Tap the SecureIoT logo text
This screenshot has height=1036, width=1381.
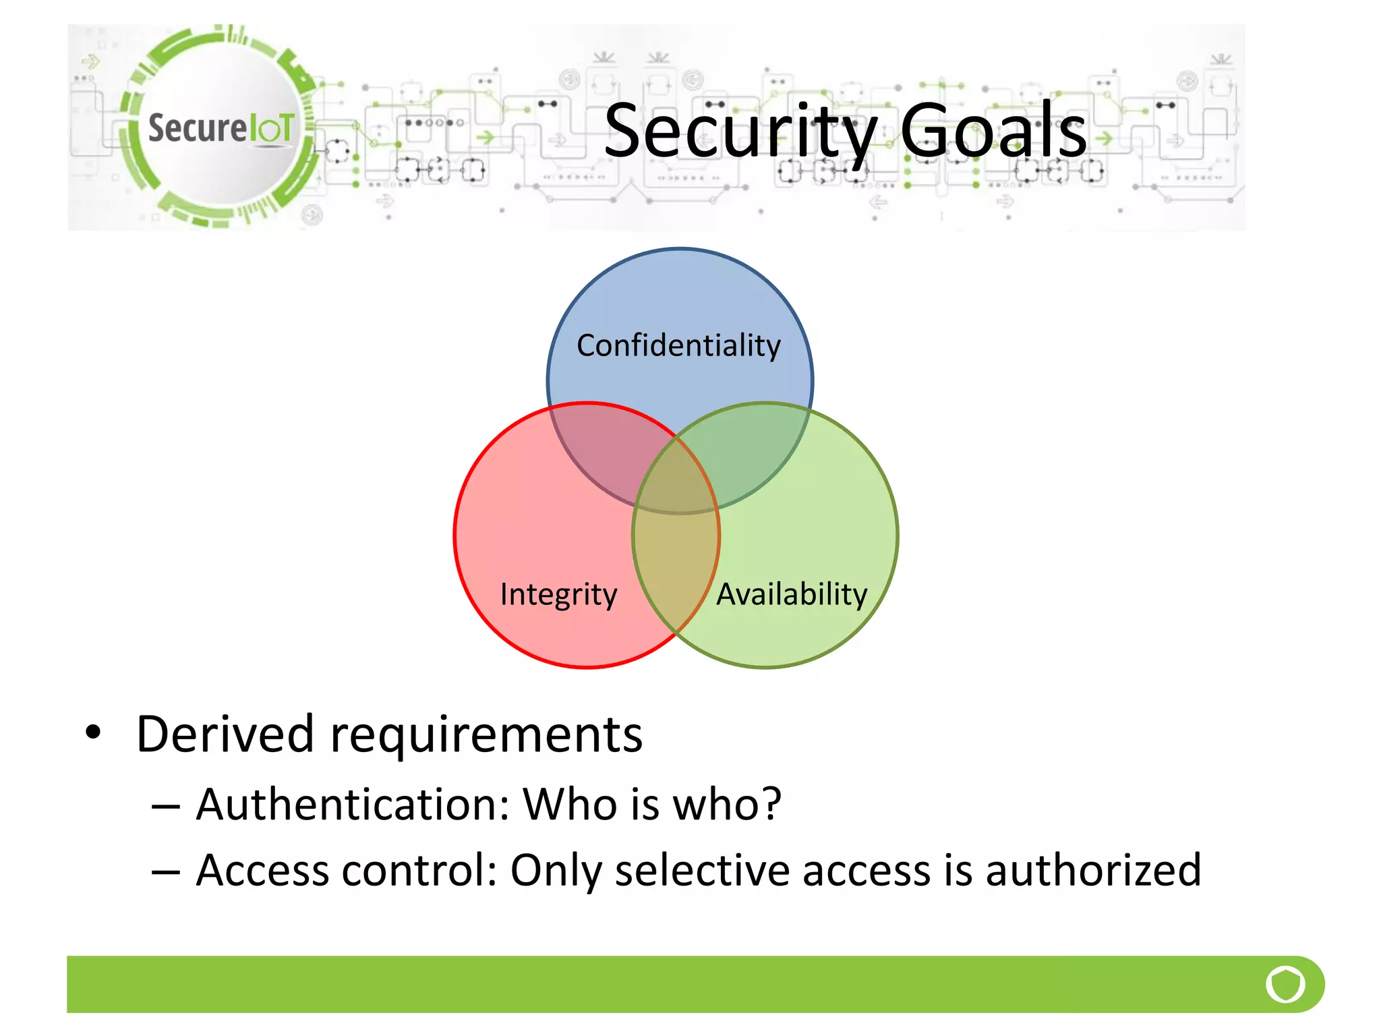[x=221, y=127]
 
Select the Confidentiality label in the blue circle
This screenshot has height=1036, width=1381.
[x=678, y=346]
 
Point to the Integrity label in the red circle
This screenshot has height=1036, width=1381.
[x=558, y=595]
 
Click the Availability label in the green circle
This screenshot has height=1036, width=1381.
[x=792, y=595]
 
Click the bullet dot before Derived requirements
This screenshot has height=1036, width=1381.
[x=93, y=732]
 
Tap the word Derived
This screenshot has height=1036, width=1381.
[x=225, y=734]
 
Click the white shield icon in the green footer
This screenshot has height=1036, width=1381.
[x=1285, y=984]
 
